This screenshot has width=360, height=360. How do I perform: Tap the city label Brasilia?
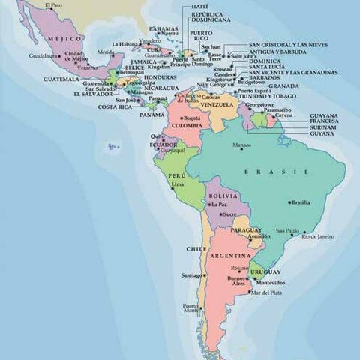tap(301, 202)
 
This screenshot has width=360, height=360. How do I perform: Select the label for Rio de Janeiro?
tap(318, 236)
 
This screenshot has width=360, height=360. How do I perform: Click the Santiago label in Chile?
tap(191, 275)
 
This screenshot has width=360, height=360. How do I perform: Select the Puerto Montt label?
tap(190, 308)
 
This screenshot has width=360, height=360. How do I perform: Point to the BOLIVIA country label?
tap(223, 195)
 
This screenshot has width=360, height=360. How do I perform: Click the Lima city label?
tap(178, 184)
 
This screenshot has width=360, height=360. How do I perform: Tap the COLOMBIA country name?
tap(187, 125)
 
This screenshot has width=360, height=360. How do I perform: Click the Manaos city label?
tap(242, 144)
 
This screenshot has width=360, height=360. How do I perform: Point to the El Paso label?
tap(52, 6)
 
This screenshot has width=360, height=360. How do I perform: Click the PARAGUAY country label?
tap(247, 229)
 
